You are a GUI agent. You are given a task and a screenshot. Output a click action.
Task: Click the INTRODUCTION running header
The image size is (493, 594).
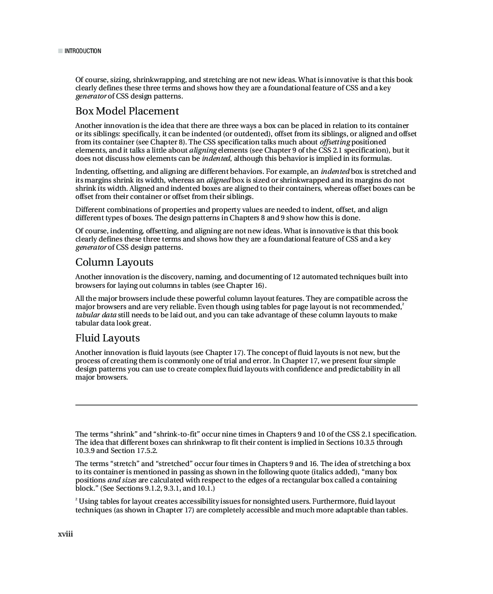pos(83,51)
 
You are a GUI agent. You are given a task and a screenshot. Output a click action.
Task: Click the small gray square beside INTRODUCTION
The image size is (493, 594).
pos(60,51)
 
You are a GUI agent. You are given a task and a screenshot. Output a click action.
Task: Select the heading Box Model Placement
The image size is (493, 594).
pos(127,111)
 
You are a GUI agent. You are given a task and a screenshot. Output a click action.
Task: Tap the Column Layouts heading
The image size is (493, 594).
pos(114,262)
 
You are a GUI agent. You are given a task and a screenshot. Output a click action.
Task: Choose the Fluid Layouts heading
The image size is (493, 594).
pos(107,338)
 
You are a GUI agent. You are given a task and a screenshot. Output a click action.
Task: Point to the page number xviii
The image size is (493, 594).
pos(65,534)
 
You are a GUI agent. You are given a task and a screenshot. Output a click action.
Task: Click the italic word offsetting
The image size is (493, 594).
pos(335,142)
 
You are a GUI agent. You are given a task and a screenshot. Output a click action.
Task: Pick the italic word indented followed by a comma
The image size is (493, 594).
pos(216,158)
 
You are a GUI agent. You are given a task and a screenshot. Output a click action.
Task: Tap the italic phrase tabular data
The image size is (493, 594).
pos(96,315)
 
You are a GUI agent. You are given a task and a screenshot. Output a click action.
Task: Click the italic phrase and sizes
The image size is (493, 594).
pos(122,480)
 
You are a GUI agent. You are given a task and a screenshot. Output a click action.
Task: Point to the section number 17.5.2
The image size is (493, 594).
pos(146,451)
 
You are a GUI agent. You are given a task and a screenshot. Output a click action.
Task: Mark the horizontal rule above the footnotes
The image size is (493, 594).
pos(246,405)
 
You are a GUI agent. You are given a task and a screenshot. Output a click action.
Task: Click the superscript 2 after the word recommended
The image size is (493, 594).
pos(403,304)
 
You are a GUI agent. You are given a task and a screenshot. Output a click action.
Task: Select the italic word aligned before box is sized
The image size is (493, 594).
pos(218,180)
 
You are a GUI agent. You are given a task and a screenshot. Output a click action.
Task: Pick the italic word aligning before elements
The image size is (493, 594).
pos(203,150)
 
